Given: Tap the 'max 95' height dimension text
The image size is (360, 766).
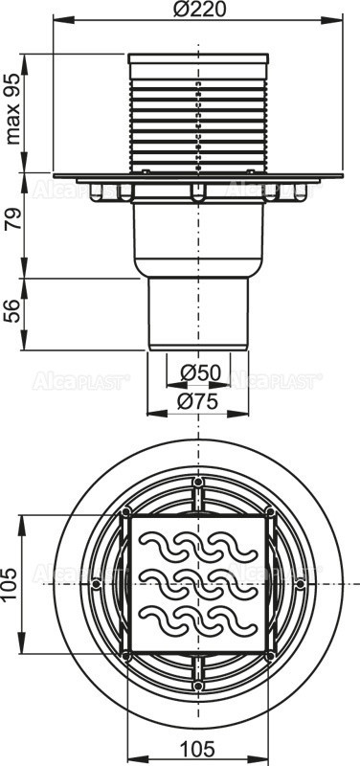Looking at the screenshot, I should [x=12, y=111].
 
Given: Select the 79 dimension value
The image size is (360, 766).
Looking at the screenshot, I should [x=12, y=228].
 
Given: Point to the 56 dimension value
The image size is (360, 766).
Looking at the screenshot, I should [x=12, y=311].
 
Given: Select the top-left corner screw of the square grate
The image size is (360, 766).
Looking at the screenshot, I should [x=125, y=512].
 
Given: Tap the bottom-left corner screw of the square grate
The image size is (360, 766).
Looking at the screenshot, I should [x=125, y=655].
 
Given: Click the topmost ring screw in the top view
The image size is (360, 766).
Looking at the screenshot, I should [x=198, y=481].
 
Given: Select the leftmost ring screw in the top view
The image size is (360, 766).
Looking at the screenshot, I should [x=95, y=583].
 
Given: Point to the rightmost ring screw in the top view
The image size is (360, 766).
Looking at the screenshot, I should [x=301, y=583].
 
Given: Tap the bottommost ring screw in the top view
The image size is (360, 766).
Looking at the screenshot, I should [x=198, y=686].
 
